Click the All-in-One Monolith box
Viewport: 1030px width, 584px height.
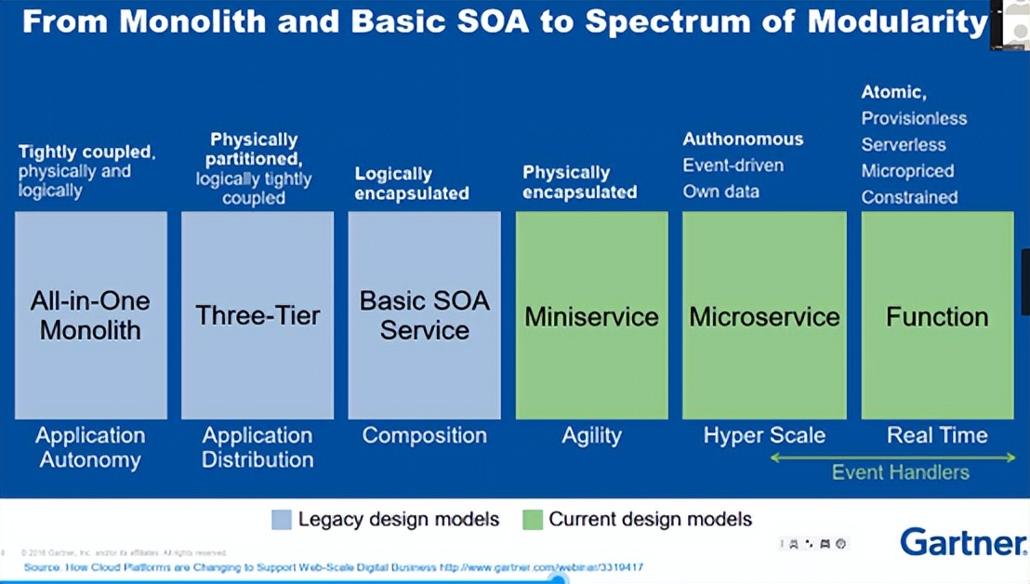pyautogui.click(x=91, y=315)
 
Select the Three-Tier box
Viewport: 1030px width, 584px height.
pyautogui.click(x=257, y=315)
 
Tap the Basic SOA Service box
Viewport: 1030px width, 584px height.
pyautogui.click(x=424, y=315)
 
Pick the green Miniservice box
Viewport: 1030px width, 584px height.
pyautogui.click(x=591, y=315)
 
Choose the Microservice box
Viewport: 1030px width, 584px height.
pyautogui.click(x=764, y=315)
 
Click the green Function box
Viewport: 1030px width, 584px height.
pyautogui.click(x=937, y=315)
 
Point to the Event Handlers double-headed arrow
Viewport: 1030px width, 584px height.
pyautogui.click(x=892, y=457)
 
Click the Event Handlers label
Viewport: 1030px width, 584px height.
pyautogui.click(x=900, y=472)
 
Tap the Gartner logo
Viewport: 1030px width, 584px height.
pyautogui.click(x=962, y=541)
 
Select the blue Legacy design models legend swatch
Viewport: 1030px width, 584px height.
pyautogui.click(x=282, y=519)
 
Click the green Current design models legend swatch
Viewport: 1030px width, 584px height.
pyautogui.click(x=533, y=519)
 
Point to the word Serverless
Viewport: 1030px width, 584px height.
pyautogui.click(x=903, y=145)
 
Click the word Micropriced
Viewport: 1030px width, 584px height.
pyautogui.click(x=907, y=171)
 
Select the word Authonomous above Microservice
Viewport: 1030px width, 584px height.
pyautogui.click(x=743, y=139)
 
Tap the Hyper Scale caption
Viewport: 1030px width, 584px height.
pyautogui.click(x=764, y=435)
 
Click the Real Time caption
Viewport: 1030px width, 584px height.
pyautogui.click(x=937, y=435)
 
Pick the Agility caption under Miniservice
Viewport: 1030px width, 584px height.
pyautogui.click(x=591, y=435)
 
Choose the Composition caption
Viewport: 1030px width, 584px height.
pyautogui.click(x=424, y=435)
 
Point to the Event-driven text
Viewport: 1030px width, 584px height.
pyautogui.click(x=733, y=166)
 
